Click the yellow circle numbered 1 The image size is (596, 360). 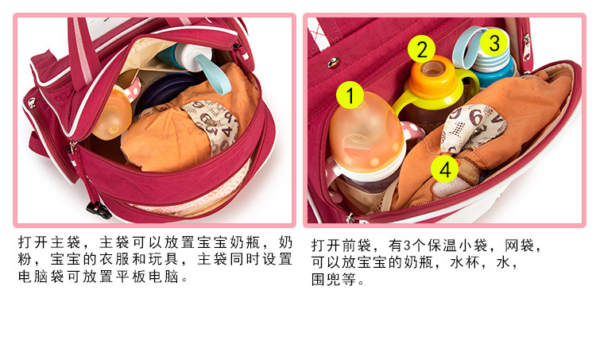coord(350,95)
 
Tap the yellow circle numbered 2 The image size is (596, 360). coord(421,49)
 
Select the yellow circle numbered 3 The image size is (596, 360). coord(494,43)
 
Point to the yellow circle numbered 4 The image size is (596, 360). coord(445,169)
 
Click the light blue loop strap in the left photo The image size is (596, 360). coord(212,74)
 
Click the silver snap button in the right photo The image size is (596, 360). coord(333,62)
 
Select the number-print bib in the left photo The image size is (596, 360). coord(211,126)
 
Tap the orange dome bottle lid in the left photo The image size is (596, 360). coord(113,114)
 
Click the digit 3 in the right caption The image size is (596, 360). coord(407,246)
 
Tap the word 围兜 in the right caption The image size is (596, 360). coord(326,280)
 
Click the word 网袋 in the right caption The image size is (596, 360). coord(519,246)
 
